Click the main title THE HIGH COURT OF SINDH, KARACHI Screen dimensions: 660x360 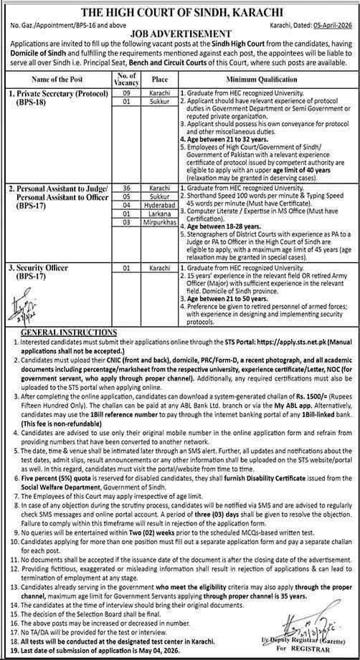point(179,9)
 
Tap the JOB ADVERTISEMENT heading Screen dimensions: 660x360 point(179,33)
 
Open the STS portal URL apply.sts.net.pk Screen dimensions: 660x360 point(279,343)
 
